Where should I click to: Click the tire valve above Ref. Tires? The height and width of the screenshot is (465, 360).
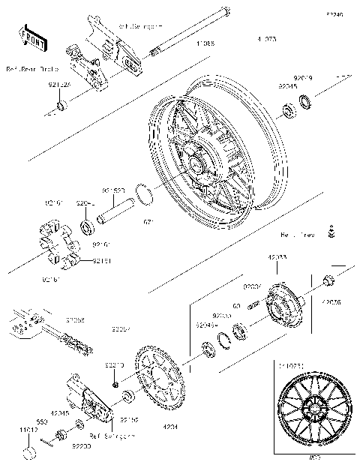click(x=331, y=230)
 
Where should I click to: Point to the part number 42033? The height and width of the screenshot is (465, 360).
click(x=277, y=257)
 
